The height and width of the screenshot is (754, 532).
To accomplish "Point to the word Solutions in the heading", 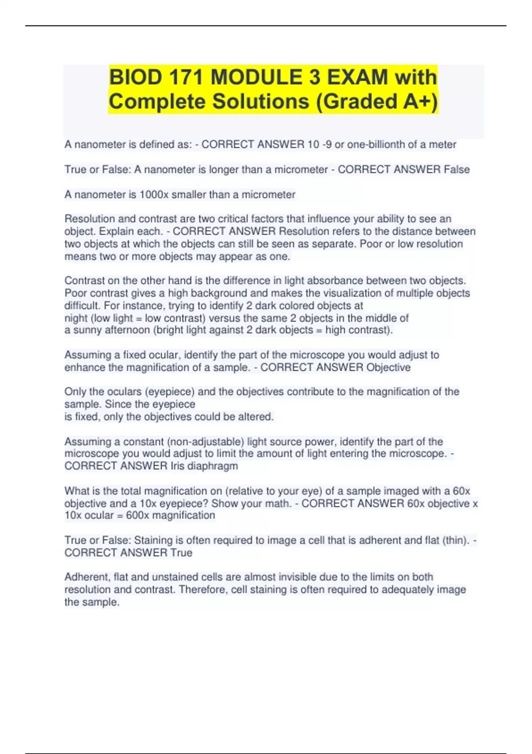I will [261, 101].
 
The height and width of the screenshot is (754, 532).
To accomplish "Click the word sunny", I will [87, 330].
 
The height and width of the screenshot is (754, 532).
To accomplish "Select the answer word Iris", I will [177, 466].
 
